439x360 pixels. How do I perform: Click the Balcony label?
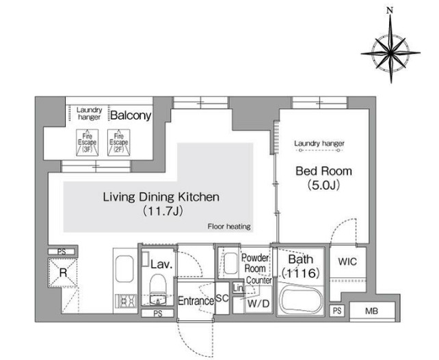pos(131,115)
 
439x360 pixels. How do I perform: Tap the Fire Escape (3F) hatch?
pos(87,143)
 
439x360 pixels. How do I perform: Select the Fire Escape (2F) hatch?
pos(119,143)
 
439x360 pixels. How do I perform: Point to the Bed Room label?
pos(323,171)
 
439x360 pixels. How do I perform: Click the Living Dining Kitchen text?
pos(161,197)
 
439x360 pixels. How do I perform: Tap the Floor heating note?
pos(229,226)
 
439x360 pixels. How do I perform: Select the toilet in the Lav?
pos(158,289)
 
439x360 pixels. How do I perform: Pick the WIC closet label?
pos(347,262)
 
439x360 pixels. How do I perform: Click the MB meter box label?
pos(371,311)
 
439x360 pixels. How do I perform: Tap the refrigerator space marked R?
pos(63,273)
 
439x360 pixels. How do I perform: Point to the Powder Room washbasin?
pos(231,264)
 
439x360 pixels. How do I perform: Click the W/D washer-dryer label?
pos(258,303)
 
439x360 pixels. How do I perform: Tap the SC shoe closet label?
pos(223,299)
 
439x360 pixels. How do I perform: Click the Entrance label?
pos(196,301)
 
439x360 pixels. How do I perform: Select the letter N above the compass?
pos(390,11)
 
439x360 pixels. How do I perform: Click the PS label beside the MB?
pos(337,311)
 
